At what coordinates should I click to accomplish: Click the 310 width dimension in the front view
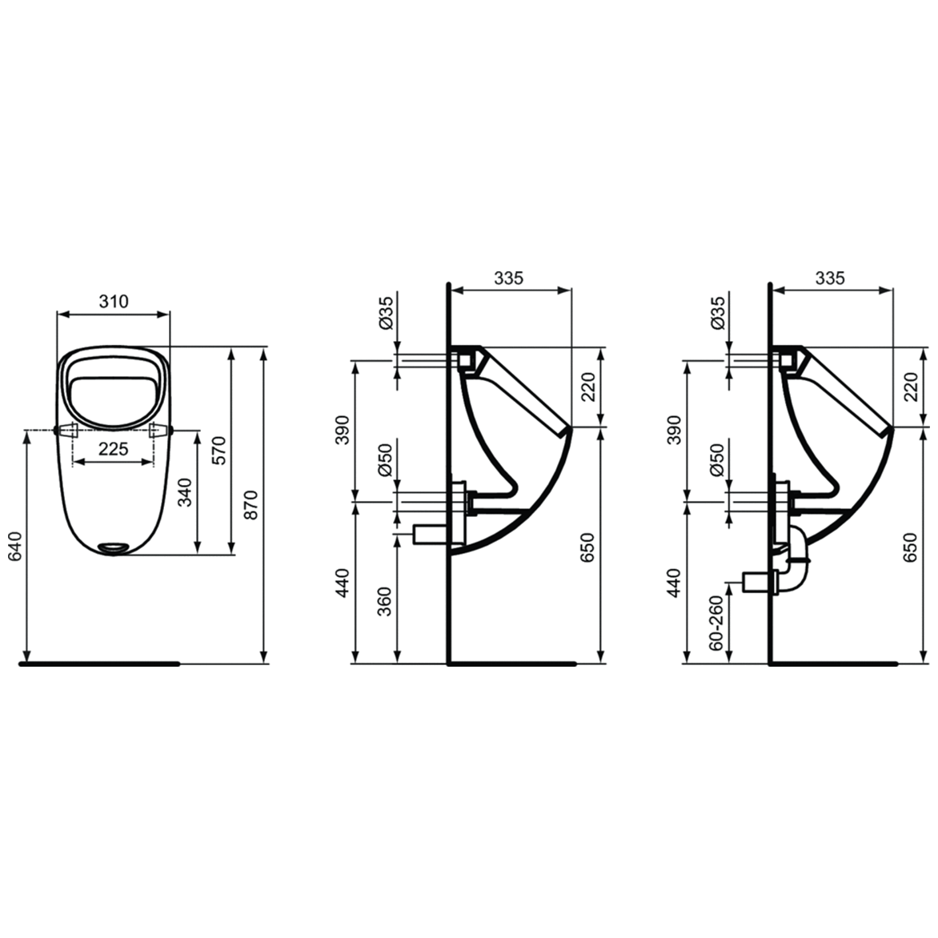pyautogui.click(x=114, y=301)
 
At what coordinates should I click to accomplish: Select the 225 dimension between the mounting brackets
pyautogui.click(x=113, y=449)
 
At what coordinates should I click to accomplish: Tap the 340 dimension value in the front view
pyautogui.click(x=185, y=492)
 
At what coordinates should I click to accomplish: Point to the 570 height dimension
pyautogui.click(x=219, y=451)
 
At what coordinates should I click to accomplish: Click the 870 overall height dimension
pyautogui.click(x=251, y=505)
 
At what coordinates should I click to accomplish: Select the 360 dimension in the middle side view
pyautogui.click(x=385, y=601)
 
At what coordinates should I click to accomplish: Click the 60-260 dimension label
pyautogui.click(x=716, y=621)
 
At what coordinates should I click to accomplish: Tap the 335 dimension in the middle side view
pyautogui.click(x=508, y=278)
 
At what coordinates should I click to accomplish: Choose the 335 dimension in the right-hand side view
pyautogui.click(x=829, y=278)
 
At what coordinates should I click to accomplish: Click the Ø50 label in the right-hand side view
pyautogui.click(x=716, y=460)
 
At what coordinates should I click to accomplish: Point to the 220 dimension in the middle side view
pyautogui.click(x=588, y=387)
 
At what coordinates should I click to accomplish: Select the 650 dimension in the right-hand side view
pyautogui.click(x=909, y=547)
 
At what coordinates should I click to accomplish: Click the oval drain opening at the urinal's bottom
pyautogui.click(x=113, y=547)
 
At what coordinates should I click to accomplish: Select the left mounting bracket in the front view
pyautogui.click(x=67, y=430)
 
